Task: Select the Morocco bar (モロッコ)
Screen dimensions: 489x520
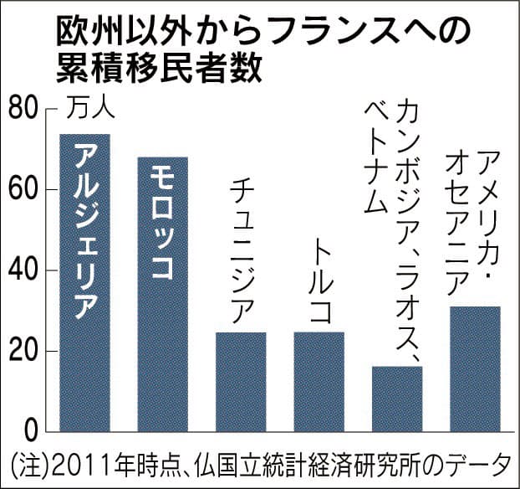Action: [163, 294]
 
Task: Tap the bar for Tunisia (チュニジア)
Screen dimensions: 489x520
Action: [241, 382]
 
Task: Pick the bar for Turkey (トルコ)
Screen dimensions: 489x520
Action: [319, 382]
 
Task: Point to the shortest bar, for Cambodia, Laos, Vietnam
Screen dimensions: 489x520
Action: [397, 399]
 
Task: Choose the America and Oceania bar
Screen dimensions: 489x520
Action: [475, 369]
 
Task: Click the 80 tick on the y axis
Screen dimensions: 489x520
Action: [26, 110]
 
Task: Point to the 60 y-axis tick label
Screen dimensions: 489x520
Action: [26, 190]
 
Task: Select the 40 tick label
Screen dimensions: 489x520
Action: [26, 270]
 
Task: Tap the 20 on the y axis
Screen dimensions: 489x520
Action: [26, 351]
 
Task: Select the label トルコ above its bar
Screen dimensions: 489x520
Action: [319, 280]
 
